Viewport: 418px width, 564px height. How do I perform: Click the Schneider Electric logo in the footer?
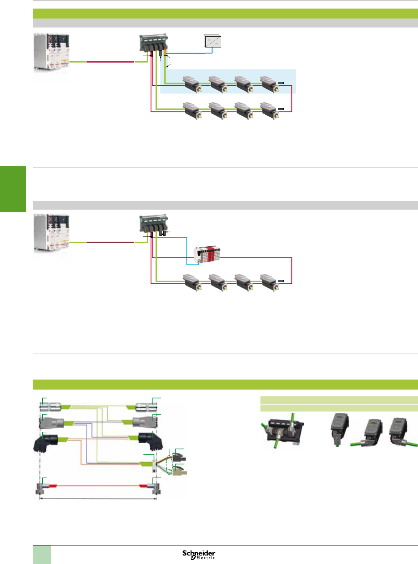[x=199, y=554]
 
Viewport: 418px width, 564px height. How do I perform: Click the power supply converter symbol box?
[x=212, y=41]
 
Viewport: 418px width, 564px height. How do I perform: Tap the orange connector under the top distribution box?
[x=165, y=53]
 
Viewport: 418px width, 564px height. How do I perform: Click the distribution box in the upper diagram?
[x=154, y=42]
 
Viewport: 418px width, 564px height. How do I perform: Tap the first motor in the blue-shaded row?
[x=192, y=84]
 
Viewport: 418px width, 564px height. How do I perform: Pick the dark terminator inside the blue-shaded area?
[x=281, y=83]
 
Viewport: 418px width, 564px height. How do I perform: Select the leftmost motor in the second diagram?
[x=192, y=282]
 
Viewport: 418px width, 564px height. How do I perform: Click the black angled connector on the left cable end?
[x=46, y=442]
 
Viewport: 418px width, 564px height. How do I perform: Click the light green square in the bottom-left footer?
[x=42, y=555]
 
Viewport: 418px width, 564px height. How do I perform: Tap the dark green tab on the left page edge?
[x=13, y=189]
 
